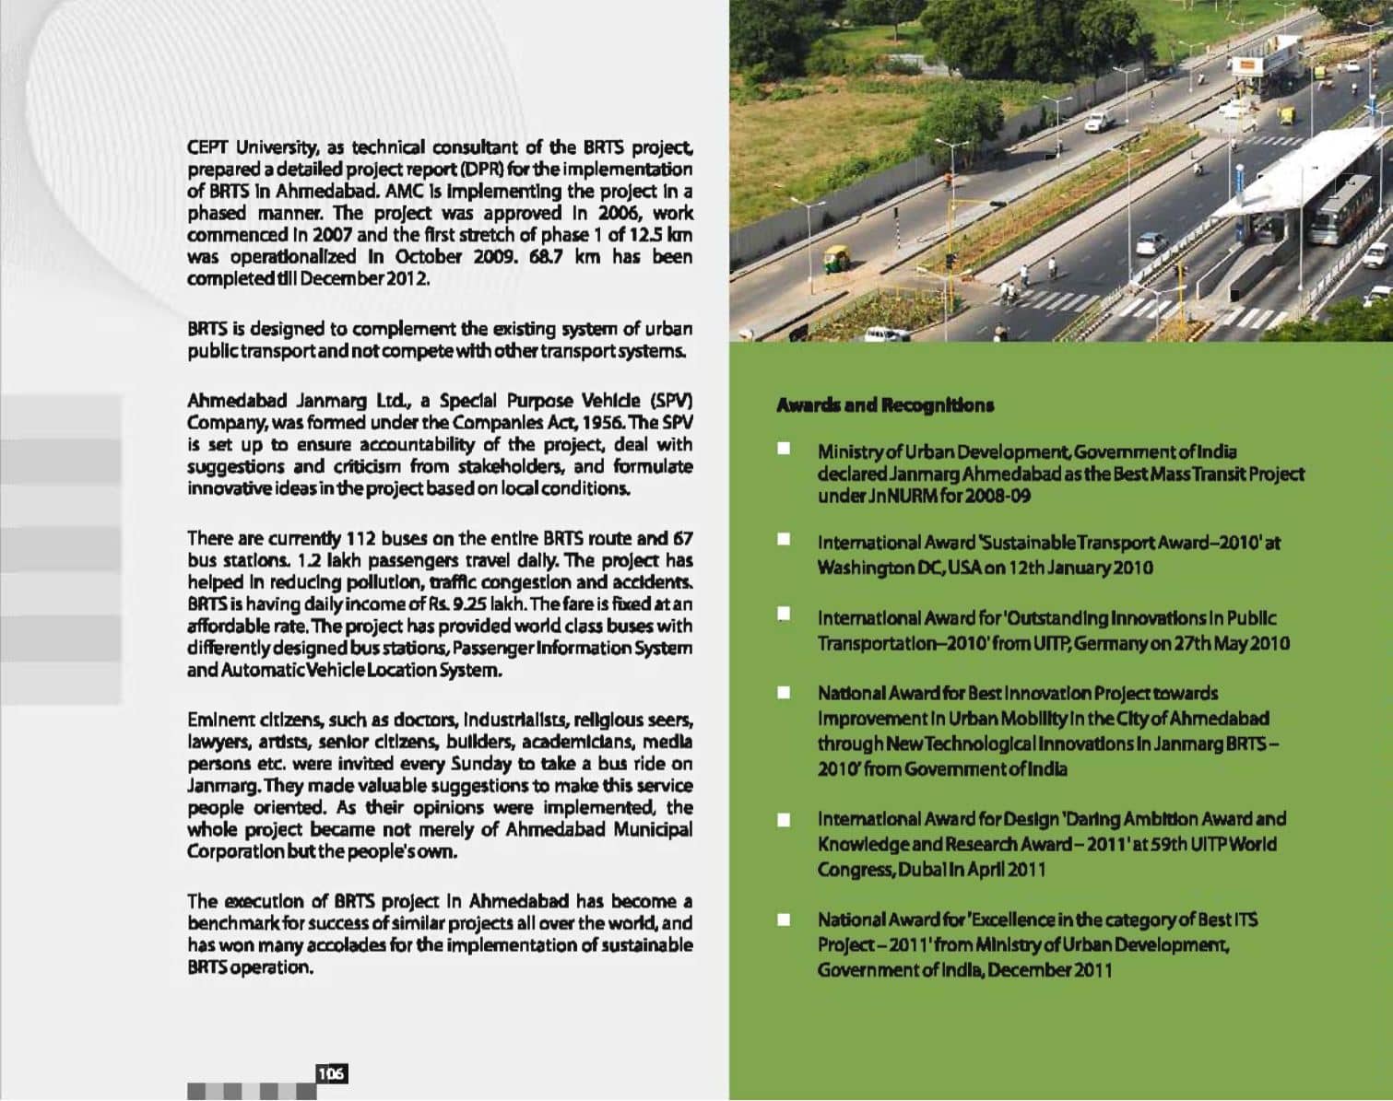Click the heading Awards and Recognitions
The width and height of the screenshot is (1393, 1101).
point(885,405)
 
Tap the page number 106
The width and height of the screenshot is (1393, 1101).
point(331,1073)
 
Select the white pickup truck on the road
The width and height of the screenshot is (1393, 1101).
point(1098,121)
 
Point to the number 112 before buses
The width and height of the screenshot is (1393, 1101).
point(356,538)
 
